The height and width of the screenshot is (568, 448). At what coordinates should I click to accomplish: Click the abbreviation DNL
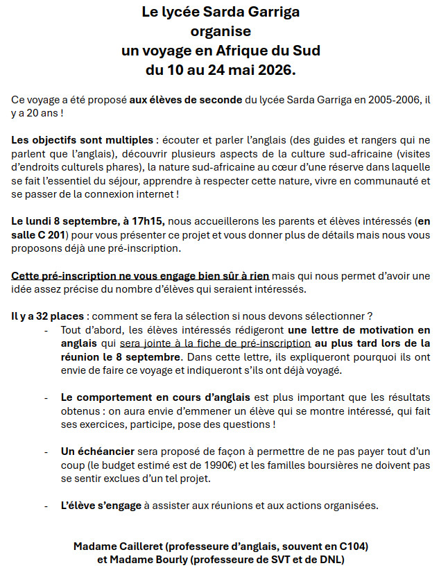[x=328, y=560]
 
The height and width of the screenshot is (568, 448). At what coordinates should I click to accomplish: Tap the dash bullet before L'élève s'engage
[x=46, y=506]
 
